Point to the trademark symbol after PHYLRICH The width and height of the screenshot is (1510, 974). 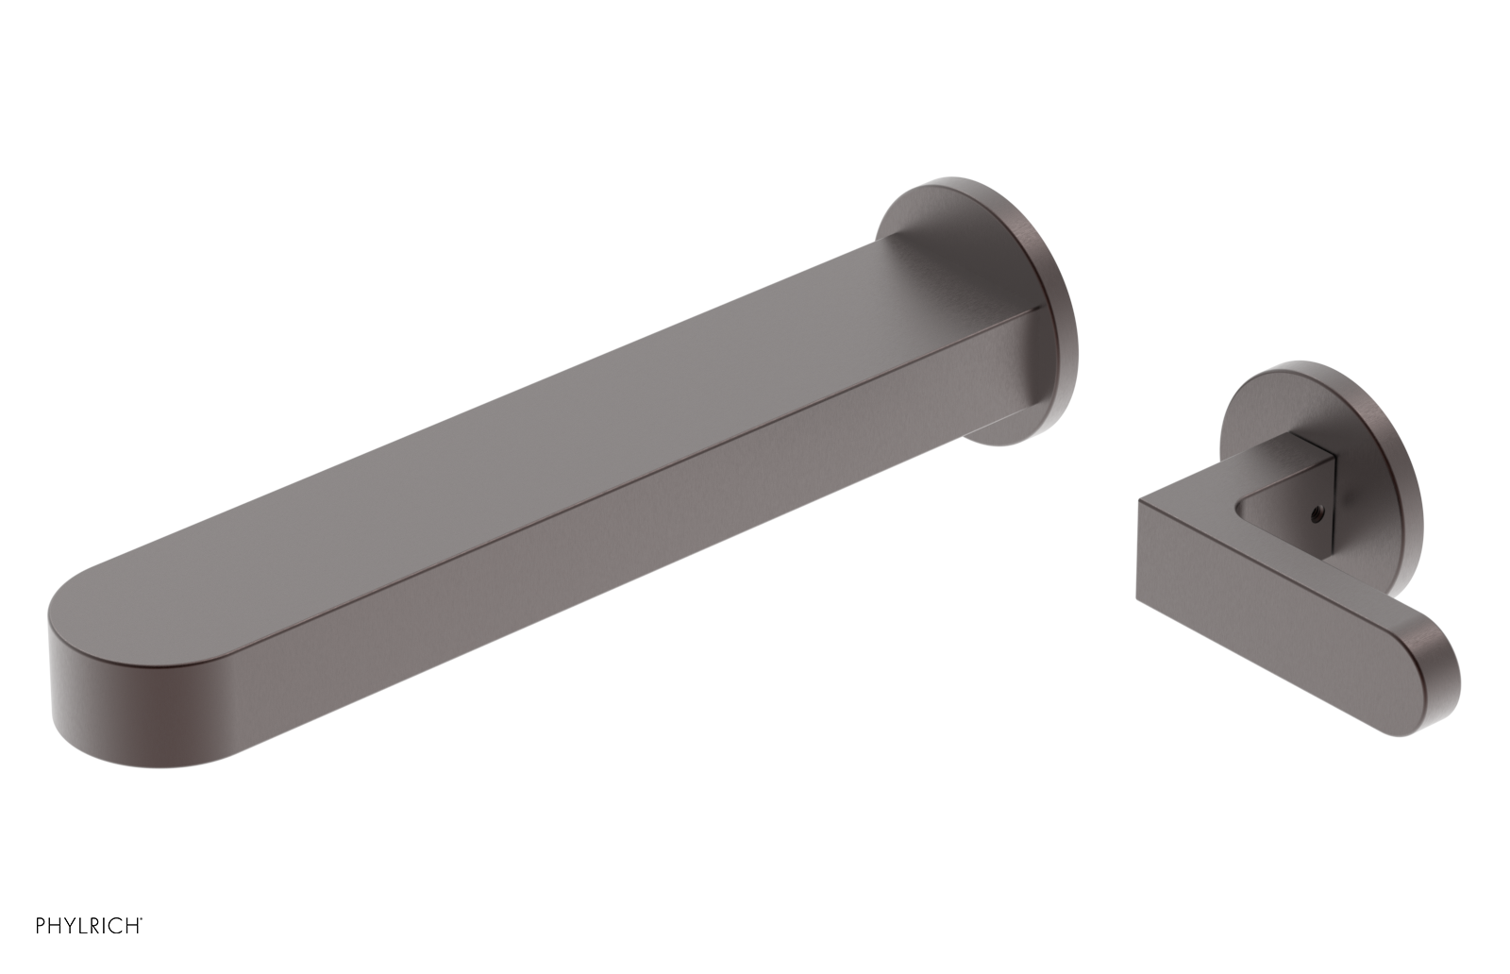tap(141, 918)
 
